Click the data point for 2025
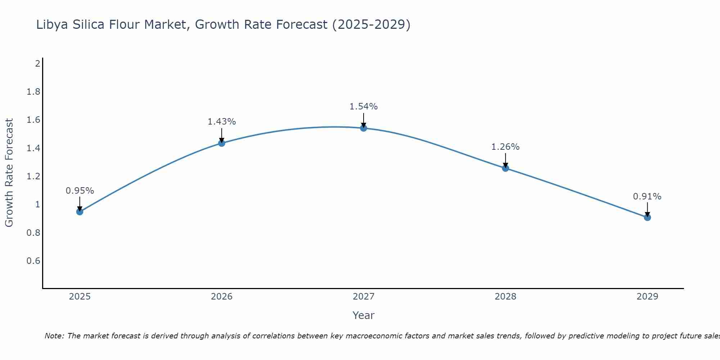(x=80, y=212)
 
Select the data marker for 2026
(x=221, y=143)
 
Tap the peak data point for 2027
(x=364, y=128)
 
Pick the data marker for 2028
(x=505, y=168)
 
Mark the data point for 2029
(x=647, y=217)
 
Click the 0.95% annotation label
(x=80, y=191)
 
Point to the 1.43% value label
(x=221, y=122)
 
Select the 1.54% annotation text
(x=364, y=107)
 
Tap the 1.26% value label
(x=505, y=147)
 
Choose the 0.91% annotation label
(x=647, y=197)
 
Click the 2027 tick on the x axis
(x=364, y=297)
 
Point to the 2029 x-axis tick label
(x=647, y=297)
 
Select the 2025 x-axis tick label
(x=80, y=297)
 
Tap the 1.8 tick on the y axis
(x=33, y=92)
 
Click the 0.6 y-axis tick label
(x=33, y=261)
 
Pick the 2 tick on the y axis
(x=37, y=64)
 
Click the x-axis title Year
(x=364, y=315)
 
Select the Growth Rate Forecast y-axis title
(x=9, y=173)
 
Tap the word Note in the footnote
(x=54, y=336)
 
